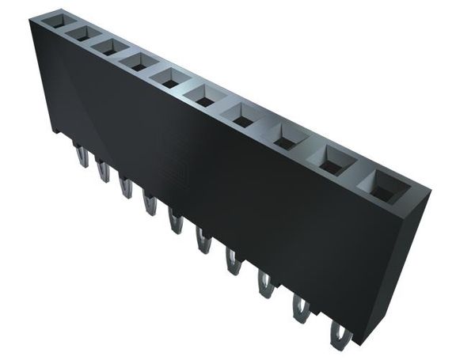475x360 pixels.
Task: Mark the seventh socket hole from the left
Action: pyautogui.click(x=240, y=115)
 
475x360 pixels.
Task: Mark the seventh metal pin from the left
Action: pyautogui.click(x=233, y=261)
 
